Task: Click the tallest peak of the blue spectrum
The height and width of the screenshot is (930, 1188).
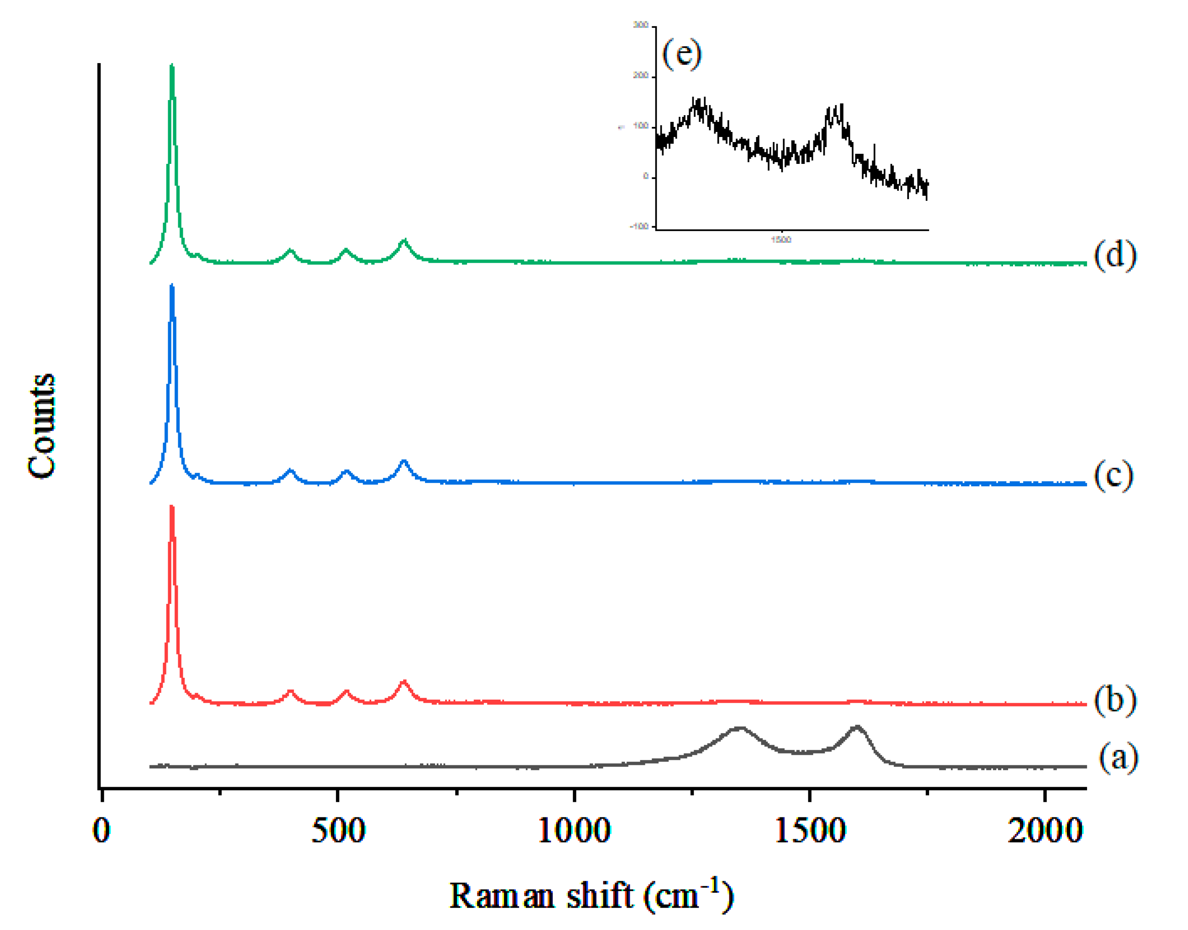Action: coord(172,287)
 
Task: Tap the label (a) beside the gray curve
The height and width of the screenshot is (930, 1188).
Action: coord(1118,757)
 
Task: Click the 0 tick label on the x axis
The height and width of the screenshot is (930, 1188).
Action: coord(101,831)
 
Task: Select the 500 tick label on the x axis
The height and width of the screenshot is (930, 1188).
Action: coord(338,831)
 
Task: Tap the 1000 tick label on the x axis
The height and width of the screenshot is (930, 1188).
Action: coord(573,831)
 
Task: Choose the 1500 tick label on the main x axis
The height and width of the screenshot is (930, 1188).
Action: coord(810,831)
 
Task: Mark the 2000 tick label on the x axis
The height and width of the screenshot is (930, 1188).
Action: coord(1045,831)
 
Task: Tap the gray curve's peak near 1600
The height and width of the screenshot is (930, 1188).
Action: coord(857,727)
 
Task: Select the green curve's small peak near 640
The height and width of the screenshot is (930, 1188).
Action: coord(404,241)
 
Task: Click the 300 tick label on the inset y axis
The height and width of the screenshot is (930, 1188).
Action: coord(641,25)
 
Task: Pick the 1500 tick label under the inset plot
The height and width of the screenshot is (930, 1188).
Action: coord(781,240)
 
